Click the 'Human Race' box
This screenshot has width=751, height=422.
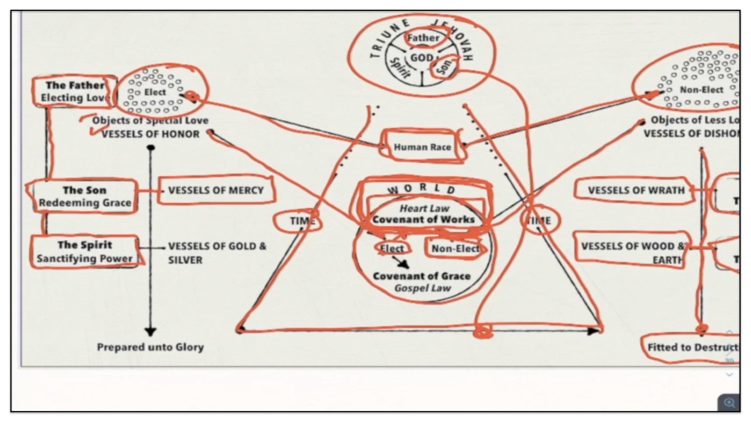(422, 147)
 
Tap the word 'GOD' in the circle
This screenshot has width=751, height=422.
(421, 58)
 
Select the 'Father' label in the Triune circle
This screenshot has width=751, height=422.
(423, 38)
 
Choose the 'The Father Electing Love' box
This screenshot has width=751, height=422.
(74, 91)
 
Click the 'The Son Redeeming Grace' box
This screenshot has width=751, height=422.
(84, 196)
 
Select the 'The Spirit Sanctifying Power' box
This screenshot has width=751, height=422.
(84, 252)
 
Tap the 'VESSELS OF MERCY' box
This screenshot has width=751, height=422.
(216, 190)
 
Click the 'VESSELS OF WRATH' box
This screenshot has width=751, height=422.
(636, 190)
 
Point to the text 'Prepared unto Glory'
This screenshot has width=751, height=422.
(150, 347)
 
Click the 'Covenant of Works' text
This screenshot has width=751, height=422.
(423, 220)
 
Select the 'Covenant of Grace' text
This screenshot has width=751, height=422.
(421, 276)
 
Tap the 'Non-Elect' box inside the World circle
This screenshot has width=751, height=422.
(455, 249)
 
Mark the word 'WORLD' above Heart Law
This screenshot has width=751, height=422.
(421, 189)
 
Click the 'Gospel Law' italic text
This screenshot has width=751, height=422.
(422, 288)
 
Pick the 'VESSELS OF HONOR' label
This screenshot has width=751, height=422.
(151, 134)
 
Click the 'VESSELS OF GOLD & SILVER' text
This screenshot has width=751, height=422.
(217, 253)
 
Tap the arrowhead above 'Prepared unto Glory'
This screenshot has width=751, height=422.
(151, 332)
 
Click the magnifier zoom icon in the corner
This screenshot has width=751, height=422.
(729, 402)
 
